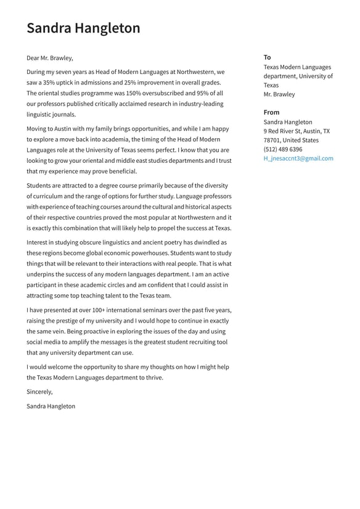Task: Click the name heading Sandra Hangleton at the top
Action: coord(83,28)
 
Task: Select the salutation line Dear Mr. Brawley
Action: coord(49,58)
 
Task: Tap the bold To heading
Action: coord(267,57)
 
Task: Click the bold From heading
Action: coord(271,112)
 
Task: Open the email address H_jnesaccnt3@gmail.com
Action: coord(298,159)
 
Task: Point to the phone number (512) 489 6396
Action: coord(283,149)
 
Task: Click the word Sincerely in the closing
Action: coord(39,392)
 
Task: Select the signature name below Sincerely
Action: coord(51,407)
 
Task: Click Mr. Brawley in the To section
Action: coord(279,94)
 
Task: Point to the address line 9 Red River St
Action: coord(283,131)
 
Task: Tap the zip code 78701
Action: coord(272,140)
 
